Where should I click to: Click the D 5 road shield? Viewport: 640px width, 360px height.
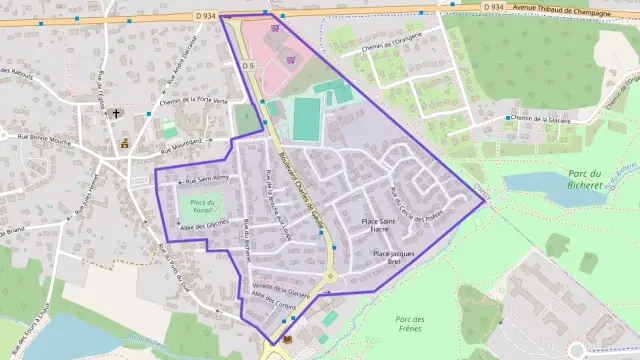248,66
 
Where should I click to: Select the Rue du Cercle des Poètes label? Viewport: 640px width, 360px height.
418,205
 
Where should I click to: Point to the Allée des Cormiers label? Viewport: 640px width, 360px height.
271,297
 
